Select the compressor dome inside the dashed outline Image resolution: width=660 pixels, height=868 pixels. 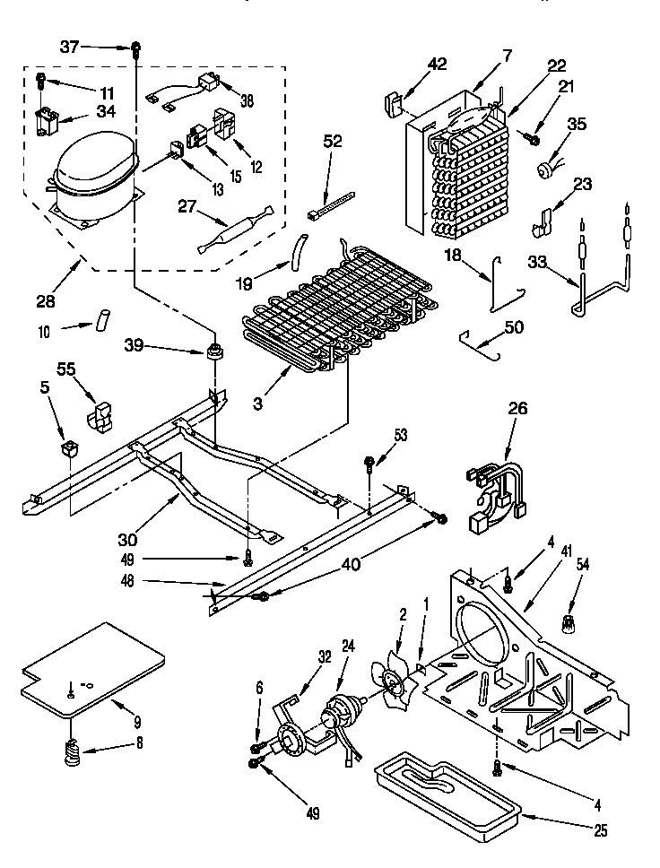point(94,173)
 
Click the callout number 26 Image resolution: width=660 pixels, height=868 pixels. point(519,409)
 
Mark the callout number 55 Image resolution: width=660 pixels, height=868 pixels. point(66,369)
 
